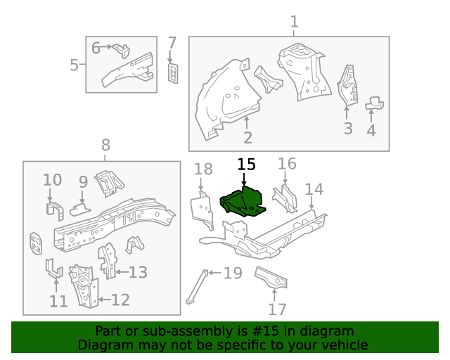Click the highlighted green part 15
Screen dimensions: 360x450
(x=243, y=202)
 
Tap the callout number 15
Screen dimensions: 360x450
(x=246, y=165)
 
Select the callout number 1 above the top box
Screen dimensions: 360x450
(x=294, y=22)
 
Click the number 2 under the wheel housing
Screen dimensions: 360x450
(x=247, y=137)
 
